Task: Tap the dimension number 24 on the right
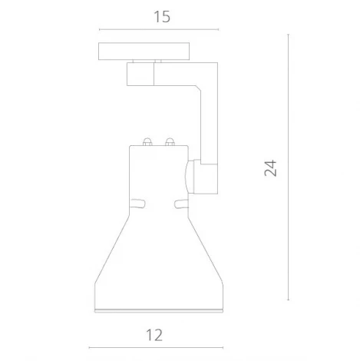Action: [269, 168]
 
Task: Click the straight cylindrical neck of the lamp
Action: [157, 177]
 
